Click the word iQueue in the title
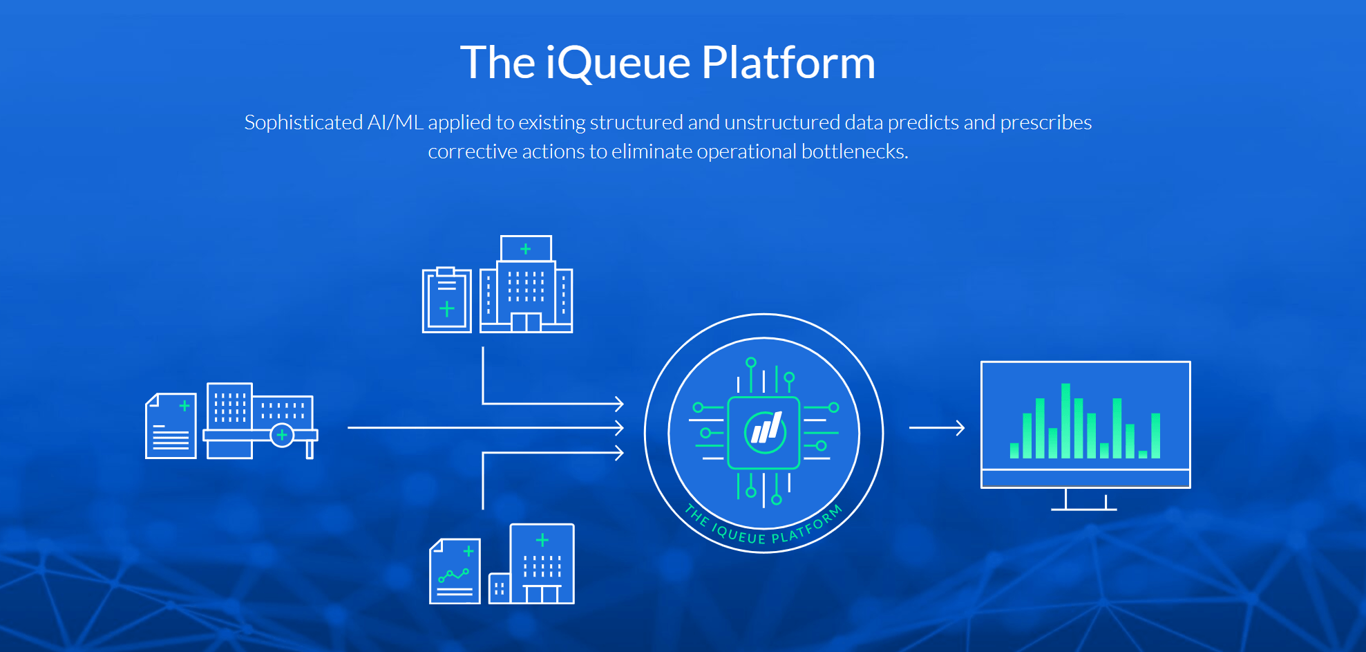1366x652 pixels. point(618,63)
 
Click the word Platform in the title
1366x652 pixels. point(788,63)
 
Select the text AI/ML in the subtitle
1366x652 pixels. point(395,122)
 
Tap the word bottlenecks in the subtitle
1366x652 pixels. point(854,151)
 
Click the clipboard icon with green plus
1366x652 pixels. point(446,301)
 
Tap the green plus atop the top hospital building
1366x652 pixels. point(526,248)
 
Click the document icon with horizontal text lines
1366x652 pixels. point(171,426)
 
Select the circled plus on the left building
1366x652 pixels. point(282,435)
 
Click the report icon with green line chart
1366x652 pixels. point(455,571)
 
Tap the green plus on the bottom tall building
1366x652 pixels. point(542,540)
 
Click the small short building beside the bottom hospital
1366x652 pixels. point(499,588)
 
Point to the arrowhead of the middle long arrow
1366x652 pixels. point(620,428)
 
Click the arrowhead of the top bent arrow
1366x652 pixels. point(620,403)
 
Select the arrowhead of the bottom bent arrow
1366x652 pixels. point(620,453)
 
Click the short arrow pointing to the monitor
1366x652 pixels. point(937,428)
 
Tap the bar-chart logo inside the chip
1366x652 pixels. point(765,431)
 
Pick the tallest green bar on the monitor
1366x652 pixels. point(1066,420)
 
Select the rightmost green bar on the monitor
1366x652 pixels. point(1155,436)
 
